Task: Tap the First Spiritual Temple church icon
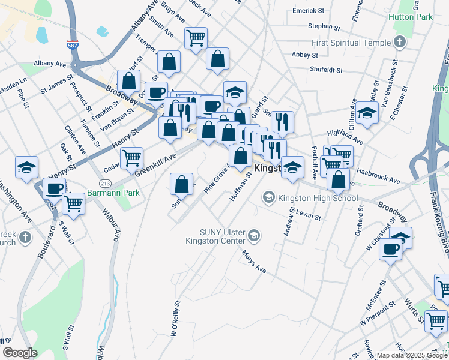pyautogui.click(x=400, y=42)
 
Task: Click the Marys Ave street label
pyautogui.click(x=253, y=262)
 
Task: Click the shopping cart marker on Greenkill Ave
pyautogui.click(x=131, y=158)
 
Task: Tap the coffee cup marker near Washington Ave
pyautogui.click(x=54, y=188)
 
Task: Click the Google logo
pyautogui.click(x=20, y=352)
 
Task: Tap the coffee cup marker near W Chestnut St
pyautogui.click(x=390, y=248)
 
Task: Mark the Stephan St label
pyautogui.click(x=324, y=27)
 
